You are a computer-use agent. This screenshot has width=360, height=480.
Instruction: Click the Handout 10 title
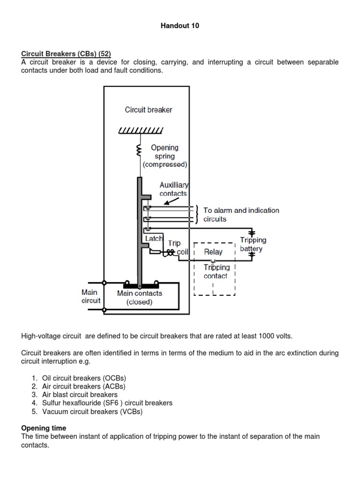pos(180,26)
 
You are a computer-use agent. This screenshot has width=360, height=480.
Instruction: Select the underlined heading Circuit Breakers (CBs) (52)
pos(66,54)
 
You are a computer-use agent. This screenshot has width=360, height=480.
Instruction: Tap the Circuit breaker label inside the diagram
pos(149,110)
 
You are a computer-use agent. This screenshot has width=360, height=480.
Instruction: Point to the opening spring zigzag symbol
pos(139,150)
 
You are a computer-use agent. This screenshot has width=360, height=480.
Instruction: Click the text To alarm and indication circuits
pos(241,215)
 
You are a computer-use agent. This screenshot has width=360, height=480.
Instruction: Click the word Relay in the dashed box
pos(213,252)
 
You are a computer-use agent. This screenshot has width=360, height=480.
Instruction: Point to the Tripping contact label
pos(216,271)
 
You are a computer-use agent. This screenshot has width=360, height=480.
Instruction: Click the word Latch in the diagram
pos(154,239)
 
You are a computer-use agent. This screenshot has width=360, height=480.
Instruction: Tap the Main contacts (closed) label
pos(139,298)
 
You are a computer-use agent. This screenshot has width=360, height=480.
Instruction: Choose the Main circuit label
pos(90,296)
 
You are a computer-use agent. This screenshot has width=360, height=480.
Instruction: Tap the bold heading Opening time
pos(44,428)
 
